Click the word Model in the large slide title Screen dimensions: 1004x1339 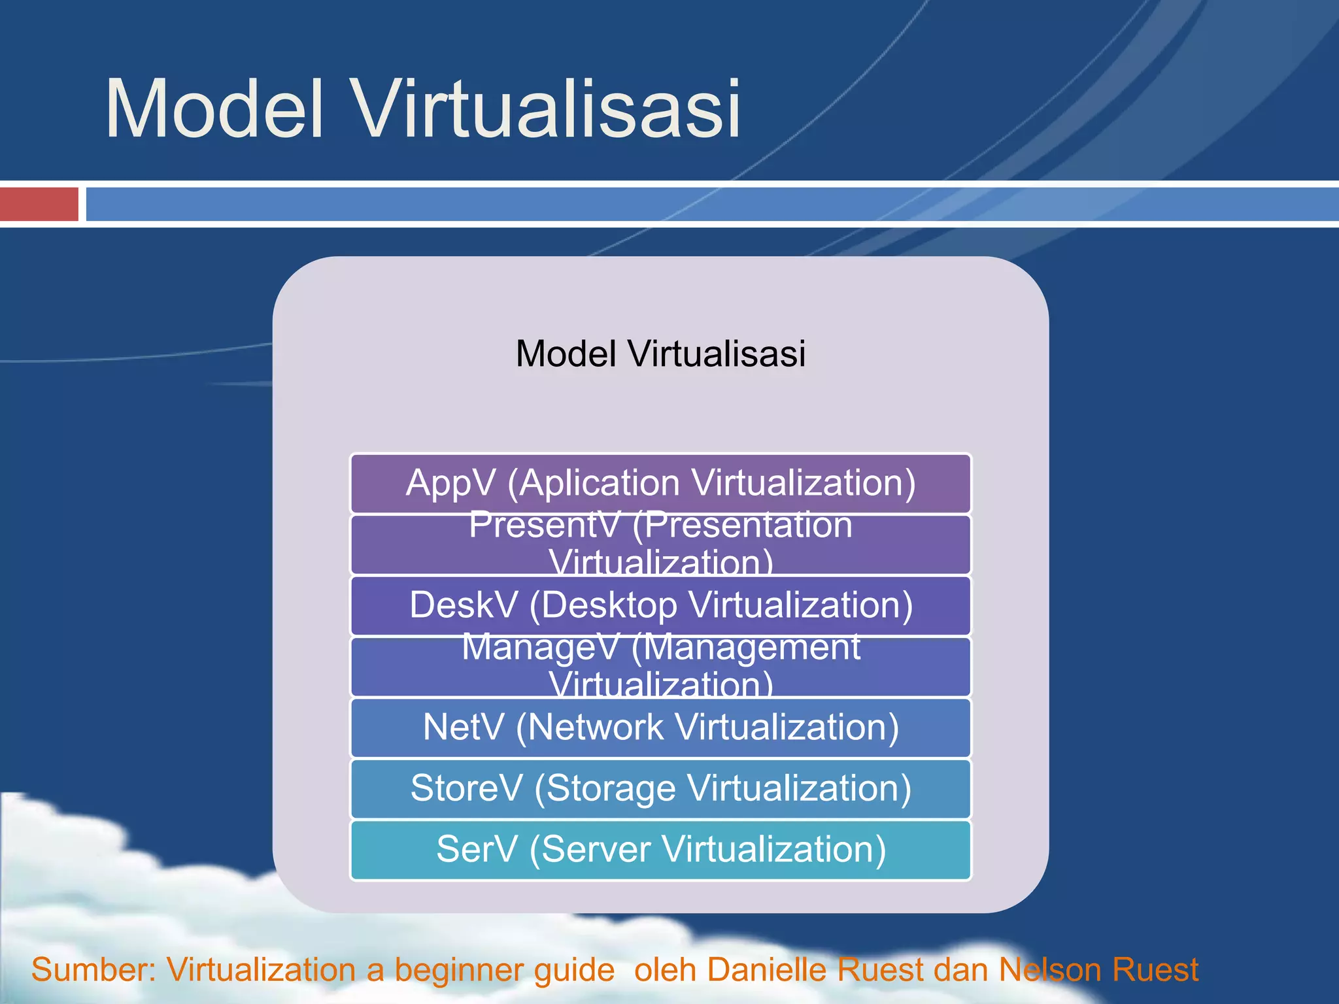tap(214, 110)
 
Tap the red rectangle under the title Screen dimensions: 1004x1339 tap(39, 204)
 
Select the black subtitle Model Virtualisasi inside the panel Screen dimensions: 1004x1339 tap(660, 354)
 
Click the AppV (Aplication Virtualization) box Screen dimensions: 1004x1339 tap(660, 484)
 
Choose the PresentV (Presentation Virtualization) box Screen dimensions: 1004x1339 tap(660, 544)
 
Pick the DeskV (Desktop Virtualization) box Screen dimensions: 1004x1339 tap(660, 605)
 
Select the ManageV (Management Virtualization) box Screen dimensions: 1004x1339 tap(660, 667)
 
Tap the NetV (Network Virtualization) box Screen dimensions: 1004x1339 tap(660, 728)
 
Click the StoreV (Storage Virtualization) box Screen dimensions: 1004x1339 tap(660, 788)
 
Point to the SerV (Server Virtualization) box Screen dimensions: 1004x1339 tap(660, 850)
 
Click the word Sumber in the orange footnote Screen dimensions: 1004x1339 tap(92, 969)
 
